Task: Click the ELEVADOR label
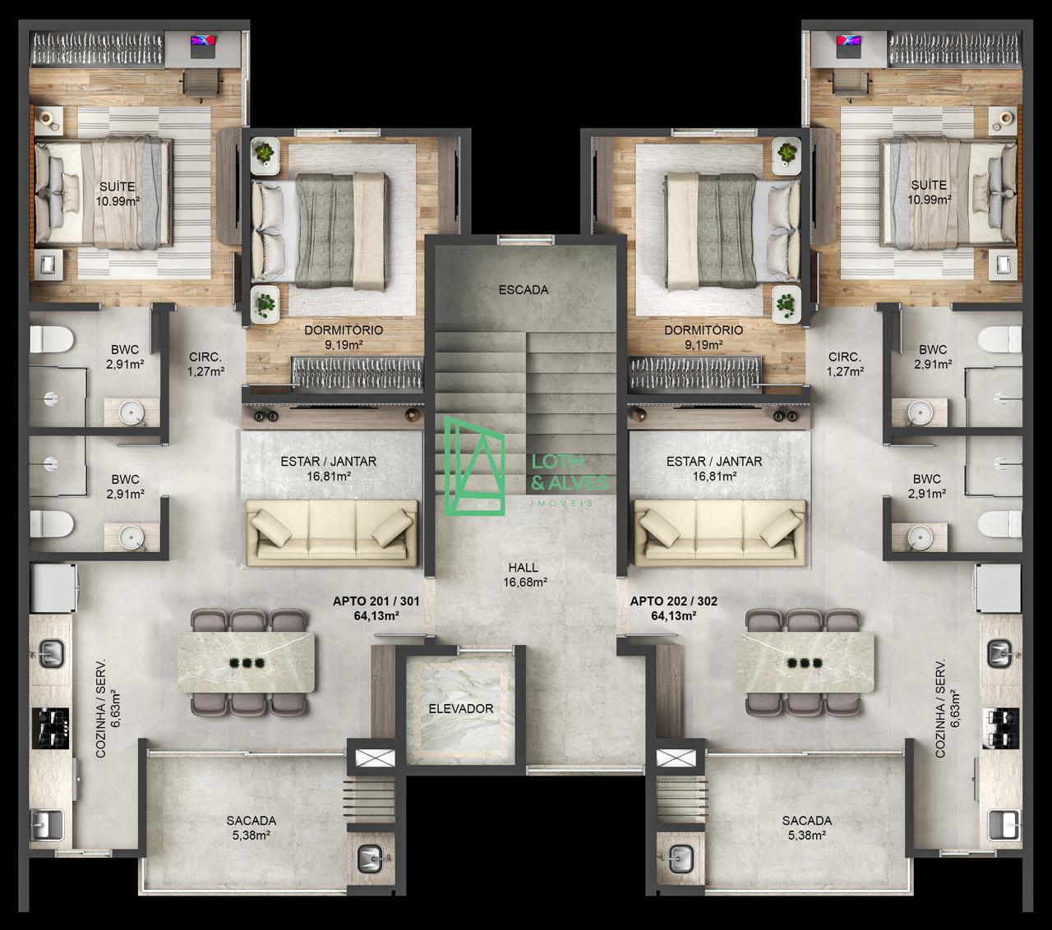(x=460, y=708)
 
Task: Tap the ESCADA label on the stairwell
(x=524, y=289)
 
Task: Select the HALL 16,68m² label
(x=524, y=574)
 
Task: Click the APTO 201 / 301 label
(x=376, y=601)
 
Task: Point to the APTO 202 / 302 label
(x=673, y=601)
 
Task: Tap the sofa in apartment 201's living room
(x=332, y=532)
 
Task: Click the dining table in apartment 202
(x=805, y=662)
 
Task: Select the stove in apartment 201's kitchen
(x=50, y=729)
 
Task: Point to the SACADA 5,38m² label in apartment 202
(x=807, y=828)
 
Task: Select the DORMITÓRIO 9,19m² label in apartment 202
(x=704, y=337)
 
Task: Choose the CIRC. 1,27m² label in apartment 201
(x=205, y=364)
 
